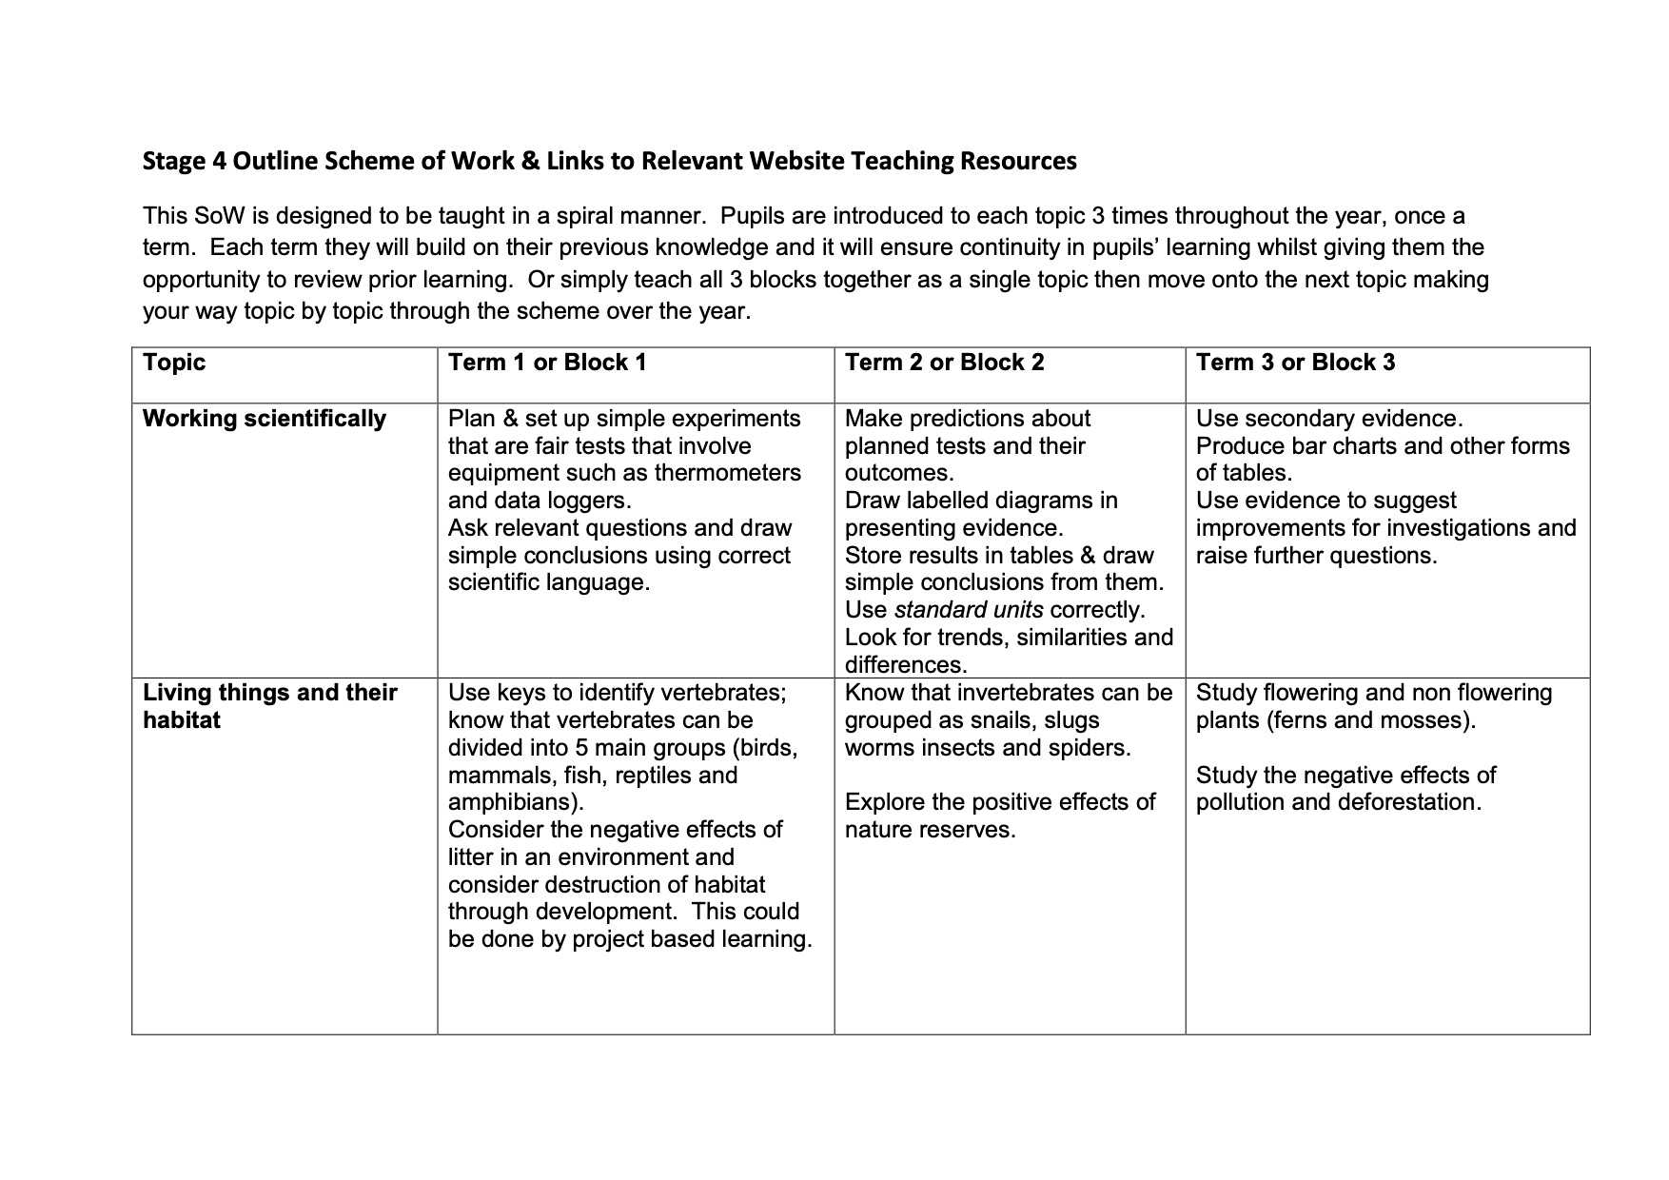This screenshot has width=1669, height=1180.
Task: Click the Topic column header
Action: (174, 363)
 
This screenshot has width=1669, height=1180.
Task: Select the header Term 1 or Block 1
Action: (547, 363)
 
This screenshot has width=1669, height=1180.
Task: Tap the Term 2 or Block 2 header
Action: (944, 363)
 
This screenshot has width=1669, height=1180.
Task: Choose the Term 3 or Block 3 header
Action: (1295, 363)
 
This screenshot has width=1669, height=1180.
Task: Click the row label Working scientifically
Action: (265, 419)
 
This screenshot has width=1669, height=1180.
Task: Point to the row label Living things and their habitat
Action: (269, 706)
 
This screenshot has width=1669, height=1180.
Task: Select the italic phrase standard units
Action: (969, 610)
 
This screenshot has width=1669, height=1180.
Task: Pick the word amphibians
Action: (515, 802)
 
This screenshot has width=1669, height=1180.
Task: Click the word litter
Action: (470, 857)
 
